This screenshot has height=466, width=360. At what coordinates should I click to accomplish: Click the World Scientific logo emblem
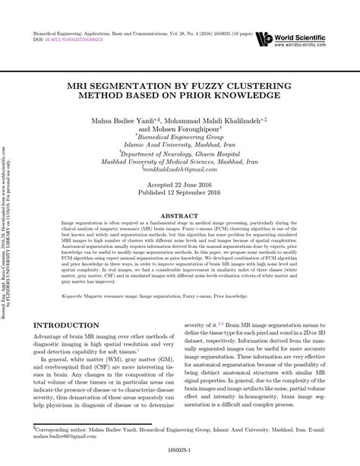click(266, 38)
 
